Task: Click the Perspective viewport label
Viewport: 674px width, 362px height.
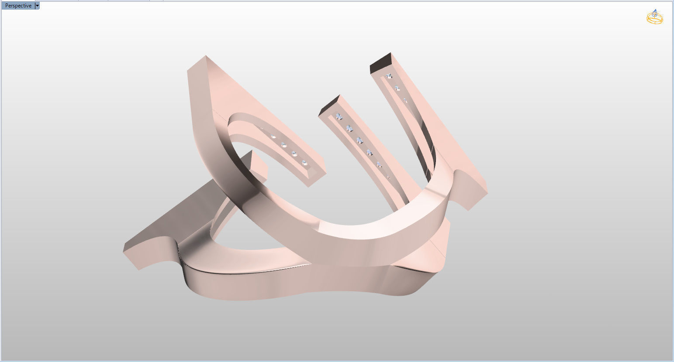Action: click(18, 6)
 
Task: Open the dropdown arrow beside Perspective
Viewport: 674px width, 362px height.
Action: click(37, 6)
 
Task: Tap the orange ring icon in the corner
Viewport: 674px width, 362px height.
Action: click(654, 17)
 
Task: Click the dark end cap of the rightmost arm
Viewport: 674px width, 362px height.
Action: click(380, 64)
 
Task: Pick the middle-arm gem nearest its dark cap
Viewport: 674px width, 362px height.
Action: click(339, 116)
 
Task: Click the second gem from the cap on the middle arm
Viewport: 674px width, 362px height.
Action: click(349, 128)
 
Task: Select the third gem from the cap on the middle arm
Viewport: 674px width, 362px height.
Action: click(359, 140)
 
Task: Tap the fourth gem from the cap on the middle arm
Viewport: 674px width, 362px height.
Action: click(369, 152)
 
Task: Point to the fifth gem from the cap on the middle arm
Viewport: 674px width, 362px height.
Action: click(379, 164)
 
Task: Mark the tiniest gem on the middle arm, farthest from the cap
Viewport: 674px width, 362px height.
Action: click(388, 177)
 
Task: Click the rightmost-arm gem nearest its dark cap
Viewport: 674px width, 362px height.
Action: click(388, 76)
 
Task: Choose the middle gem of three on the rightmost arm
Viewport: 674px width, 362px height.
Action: click(397, 89)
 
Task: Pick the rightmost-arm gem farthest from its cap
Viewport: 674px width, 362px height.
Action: click(405, 101)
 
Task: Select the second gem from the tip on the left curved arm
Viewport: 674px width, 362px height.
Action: click(294, 154)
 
